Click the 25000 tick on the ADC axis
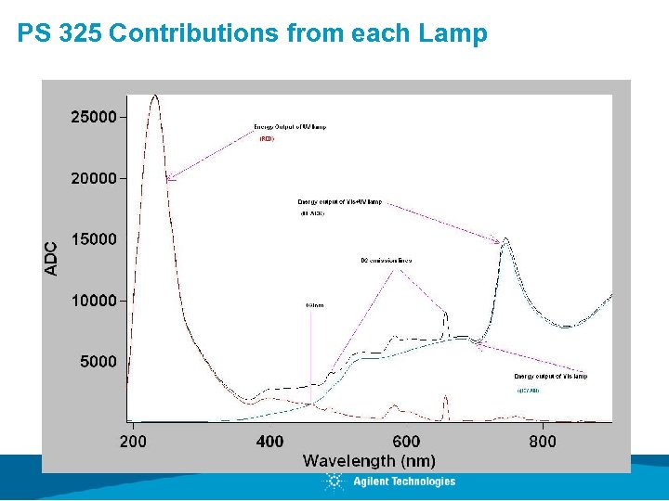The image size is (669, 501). coord(95,118)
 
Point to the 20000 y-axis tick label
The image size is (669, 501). coord(95,178)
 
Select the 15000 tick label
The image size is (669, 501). coord(95,239)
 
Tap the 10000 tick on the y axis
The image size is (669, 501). coord(95,301)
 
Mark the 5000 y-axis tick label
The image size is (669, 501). coord(98,362)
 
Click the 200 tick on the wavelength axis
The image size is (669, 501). coord(133,442)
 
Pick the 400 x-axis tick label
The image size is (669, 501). coord(269,442)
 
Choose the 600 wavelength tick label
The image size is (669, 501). coord(406,442)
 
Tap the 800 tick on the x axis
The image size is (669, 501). coord(543,442)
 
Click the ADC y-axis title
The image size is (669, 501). coord(52,257)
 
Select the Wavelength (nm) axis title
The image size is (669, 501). coord(369,460)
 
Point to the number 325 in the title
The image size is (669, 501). coord(77,34)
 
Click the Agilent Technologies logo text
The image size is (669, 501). coord(404,481)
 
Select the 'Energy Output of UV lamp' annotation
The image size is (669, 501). coord(290,126)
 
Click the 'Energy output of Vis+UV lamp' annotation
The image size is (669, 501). coord(339,201)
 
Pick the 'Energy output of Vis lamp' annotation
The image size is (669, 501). coord(550,376)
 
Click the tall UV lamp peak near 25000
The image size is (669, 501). coord(154,96)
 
